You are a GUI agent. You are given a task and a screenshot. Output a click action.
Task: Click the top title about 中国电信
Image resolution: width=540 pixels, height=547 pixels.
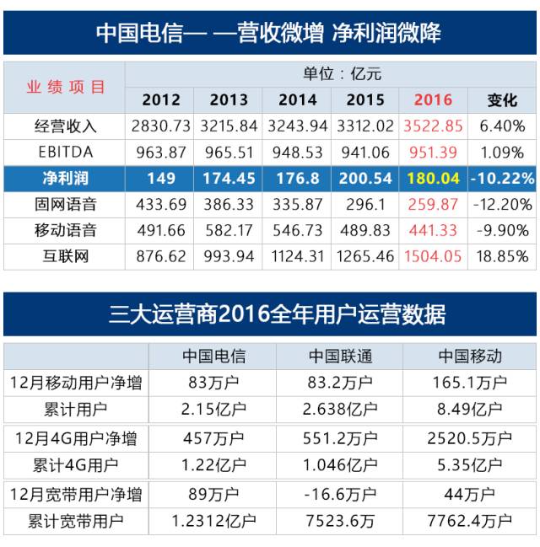tap(268, 33)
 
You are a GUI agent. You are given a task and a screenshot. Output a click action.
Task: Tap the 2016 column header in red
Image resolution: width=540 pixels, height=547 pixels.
tap(433, 99)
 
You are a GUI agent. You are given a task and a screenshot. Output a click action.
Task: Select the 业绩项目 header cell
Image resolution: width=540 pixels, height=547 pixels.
tap(65, 87)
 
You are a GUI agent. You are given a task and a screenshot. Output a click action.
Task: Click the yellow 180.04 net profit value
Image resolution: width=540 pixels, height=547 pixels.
tap(433, 179)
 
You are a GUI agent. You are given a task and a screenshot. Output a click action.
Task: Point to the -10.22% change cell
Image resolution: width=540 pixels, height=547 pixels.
tap(502, 179)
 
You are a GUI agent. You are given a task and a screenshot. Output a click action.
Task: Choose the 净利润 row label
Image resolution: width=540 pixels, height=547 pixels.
tap(65, 179)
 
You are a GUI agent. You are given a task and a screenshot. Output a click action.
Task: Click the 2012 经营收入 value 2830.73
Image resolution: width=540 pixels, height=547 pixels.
tap(160, 126)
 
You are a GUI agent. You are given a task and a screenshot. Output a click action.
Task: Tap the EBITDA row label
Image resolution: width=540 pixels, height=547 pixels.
tap(65, 153)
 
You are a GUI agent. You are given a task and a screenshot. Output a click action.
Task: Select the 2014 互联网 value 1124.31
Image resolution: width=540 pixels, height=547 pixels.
tap(297, 256)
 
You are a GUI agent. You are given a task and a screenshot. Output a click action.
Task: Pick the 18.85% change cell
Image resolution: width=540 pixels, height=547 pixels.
tap(502, 256)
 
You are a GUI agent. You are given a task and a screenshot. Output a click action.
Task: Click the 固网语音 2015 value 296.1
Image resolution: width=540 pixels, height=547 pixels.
tap(365, 205)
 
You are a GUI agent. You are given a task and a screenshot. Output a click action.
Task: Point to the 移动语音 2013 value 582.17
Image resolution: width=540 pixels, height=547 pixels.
tap(229, 230)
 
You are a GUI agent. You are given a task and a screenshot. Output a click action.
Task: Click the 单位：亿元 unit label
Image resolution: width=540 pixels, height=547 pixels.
tap(331, 74)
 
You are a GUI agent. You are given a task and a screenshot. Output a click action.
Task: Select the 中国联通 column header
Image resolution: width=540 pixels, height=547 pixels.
tap(338, 356)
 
